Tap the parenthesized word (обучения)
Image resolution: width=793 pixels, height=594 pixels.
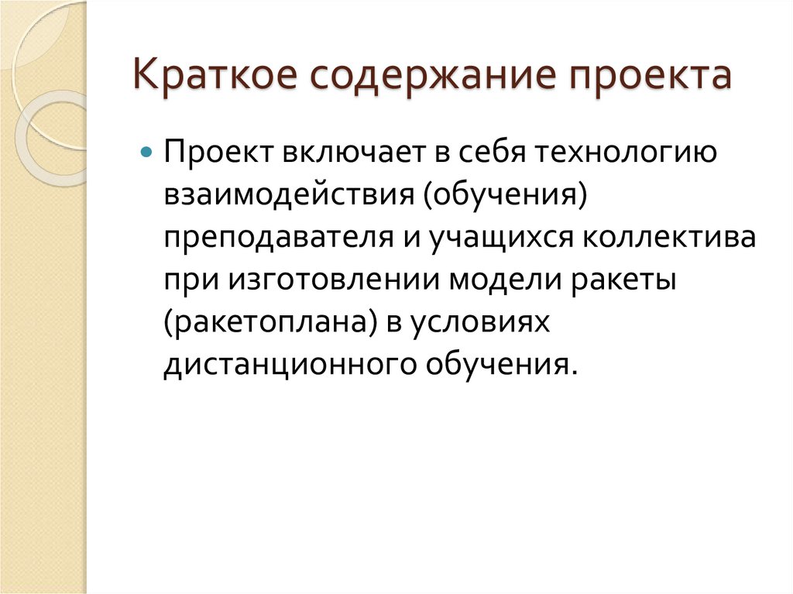pyautogui.click(x=503, y=195)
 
